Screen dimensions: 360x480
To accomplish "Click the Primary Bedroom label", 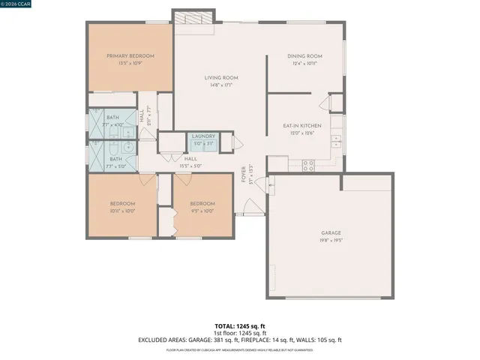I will pyautogui.click(x=130, y=56).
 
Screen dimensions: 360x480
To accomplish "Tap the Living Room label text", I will pyautogui.click(x=221, y=78).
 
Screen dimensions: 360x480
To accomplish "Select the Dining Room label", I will pyautogui.click(x=305, y=56).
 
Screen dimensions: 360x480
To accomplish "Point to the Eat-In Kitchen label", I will pyautogui.click(x=302, y=126).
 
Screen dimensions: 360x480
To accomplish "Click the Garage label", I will pyautogui.click(x=331, y=233).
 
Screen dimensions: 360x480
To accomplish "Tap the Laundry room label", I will pyautogui.click(x=204, y=136).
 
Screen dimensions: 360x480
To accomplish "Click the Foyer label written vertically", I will pyautogui.click(x=244, y=174).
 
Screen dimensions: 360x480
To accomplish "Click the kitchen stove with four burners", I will pyautogui.click(x=308, y=166).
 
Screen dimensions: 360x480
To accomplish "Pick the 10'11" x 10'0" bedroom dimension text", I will pyautogui.click(x=123, y=211).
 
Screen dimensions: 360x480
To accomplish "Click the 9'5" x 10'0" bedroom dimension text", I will pyautogui.click(x=202, y=211).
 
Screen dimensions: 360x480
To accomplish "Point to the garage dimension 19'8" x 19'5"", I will pyautogui.click(x=331, y=240).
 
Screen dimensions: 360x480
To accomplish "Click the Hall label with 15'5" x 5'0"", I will pyautogui.click(x=190, y=158).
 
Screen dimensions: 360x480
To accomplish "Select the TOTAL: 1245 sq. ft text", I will pyautogui.click(x=239, y=326).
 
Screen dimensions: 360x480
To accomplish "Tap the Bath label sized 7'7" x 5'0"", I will pyautogui.click(x=115, y=159).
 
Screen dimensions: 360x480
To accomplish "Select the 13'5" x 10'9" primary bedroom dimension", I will pyautogui.click(x=130, y=63).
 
